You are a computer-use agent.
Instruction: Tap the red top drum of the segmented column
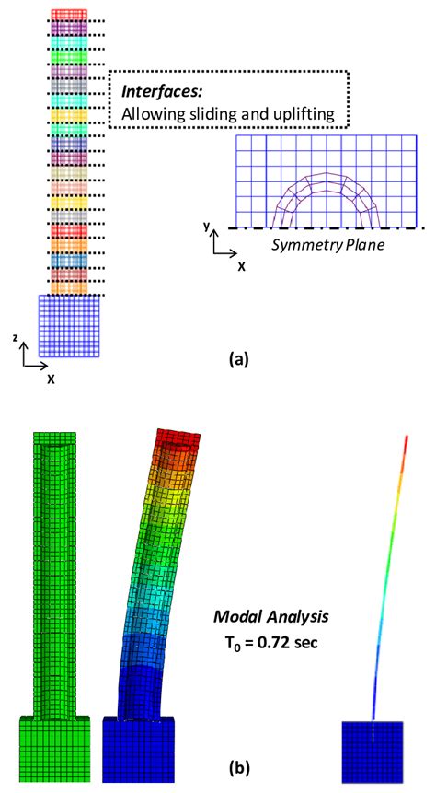point(70,15)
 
